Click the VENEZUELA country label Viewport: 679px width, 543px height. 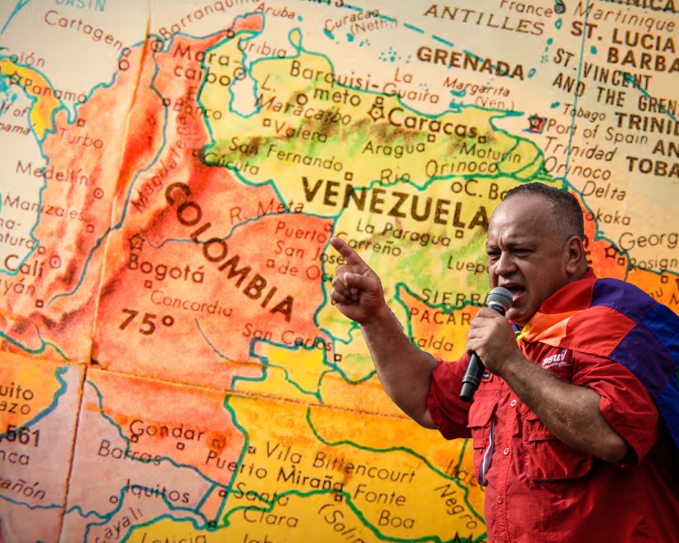tap(394, 204)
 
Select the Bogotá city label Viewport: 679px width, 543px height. tap(166, 271)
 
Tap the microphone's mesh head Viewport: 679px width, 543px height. tap(499, 299)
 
